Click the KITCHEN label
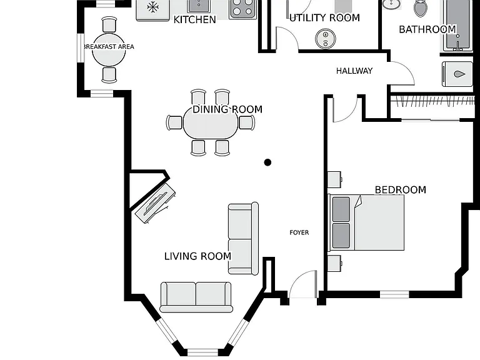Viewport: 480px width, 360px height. pyautogui.click(x=195, y=19)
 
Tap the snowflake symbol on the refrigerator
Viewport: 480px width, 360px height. pyautogui.click(x=152, y=7)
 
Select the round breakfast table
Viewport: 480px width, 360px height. pyautogui.click(x=109, y=50)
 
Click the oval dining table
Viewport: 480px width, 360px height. pyautogui.click(x=211, y=123)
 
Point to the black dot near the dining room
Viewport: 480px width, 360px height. pyautogui.click(x=267, y=162)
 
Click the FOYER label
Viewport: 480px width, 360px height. pyautogui.click(x=299, y=232)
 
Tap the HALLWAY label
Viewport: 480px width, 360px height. pyautogui.click(x=354, y=71)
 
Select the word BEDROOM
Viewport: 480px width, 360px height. pyautogui.click(x=401, y=190)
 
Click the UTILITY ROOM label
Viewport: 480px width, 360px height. pyautogui.click(x=324, y=17)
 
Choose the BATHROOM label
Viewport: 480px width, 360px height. pyautogui.click(x=427, y=29)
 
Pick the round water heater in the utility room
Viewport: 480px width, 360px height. pyautogui.click(x=326, y=39)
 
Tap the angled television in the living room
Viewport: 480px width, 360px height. pyautogui.click(x=156, y=203)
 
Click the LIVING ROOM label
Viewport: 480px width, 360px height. pyautogui.click(x=197, y=256)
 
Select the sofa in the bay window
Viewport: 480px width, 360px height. pyautogui.click(x=196, y=297)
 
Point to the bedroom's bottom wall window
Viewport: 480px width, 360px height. pyautogui.click(x=394, y=294)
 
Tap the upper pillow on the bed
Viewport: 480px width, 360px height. pyautogui.click(x=341, y=209)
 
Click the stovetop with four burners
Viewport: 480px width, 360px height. pyautogui.click(x=243, y=9)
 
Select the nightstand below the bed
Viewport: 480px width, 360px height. pyautogui.click(x=334, y=263)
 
